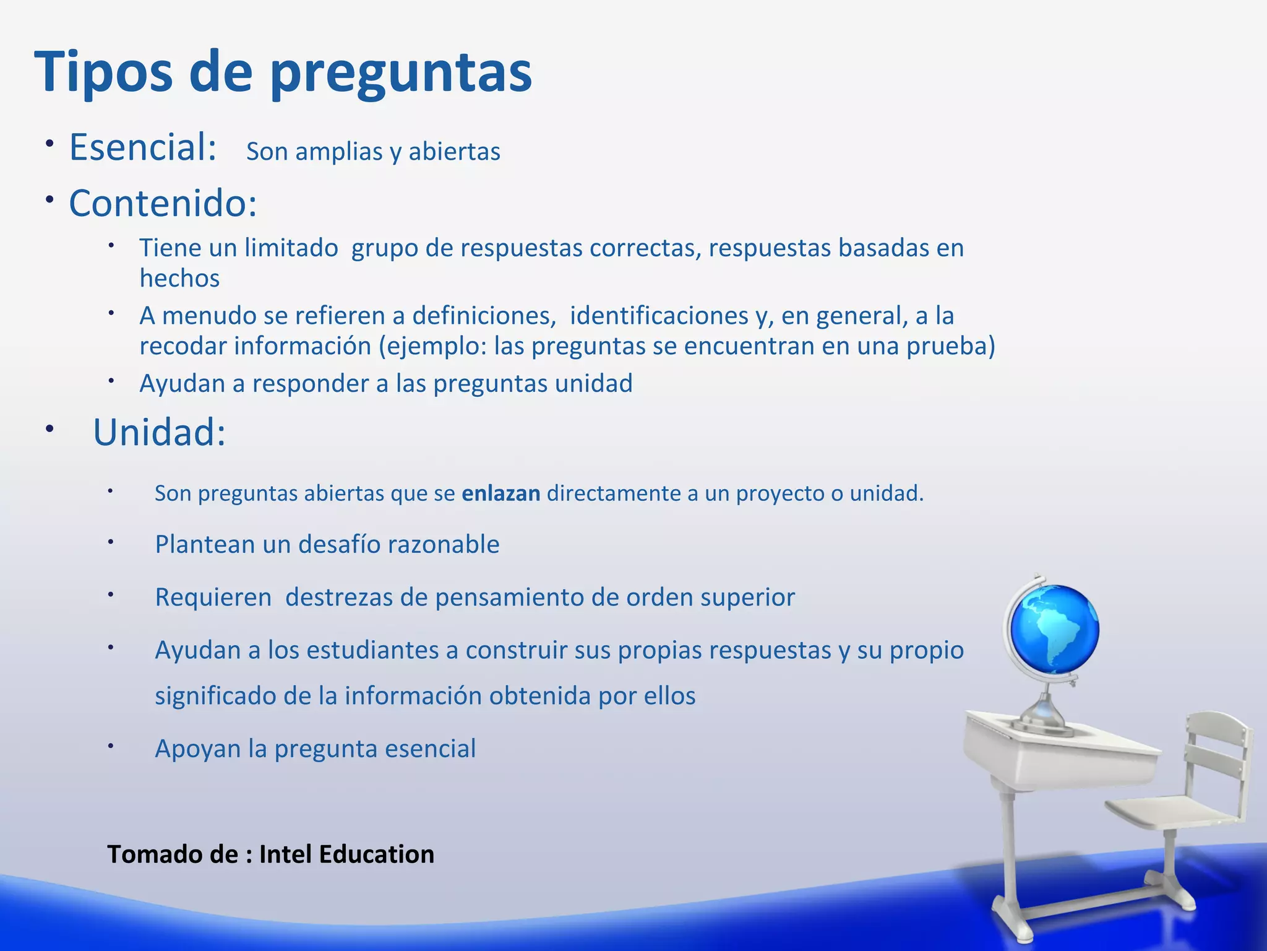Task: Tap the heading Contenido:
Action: (x=163, y=203)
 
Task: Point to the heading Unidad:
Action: (x=159, y=432)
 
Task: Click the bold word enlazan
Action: (x=501, y=493)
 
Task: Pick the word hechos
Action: (x=179, y=279)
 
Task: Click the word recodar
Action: (x=183, y=346)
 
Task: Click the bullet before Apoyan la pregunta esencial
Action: (x=111, y=746)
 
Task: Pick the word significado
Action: (x=215, y=697)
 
